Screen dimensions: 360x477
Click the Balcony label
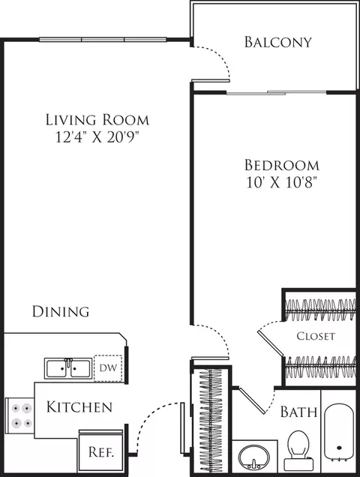(278, 42)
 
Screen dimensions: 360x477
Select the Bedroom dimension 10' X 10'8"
(282, 182)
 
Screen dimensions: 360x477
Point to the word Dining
(61, 311)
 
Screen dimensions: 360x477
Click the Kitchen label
(79, 407)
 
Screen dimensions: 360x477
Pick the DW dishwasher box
(108, 368)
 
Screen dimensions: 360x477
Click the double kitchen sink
(68, 368)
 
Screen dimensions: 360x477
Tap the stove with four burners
(20, 415)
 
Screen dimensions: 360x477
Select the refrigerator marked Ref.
(100, 451)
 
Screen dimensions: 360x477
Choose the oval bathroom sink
(253, 457)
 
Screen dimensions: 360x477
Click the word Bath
(298, 412)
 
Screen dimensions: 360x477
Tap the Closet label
(316, 336)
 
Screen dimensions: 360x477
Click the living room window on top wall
(103, 40)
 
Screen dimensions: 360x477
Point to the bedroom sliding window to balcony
(276, 92)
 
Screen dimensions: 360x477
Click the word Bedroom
(282, 165)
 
